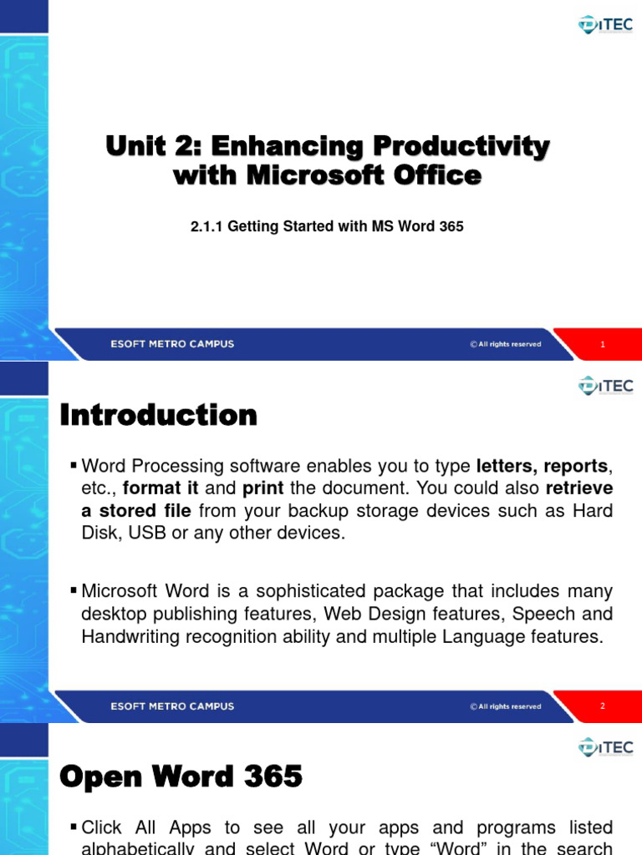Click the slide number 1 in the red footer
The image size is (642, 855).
click(x=603, y=344)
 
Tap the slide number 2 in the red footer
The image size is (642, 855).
click(x=603, y=706)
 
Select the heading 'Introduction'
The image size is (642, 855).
click(x=159, y=415)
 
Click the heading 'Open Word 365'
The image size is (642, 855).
click(x=181, y=777)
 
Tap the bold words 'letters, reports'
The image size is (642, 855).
click(x=542, y=465)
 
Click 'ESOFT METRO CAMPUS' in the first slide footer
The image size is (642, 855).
click(x=172, y=344)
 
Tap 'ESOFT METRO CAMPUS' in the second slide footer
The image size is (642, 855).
click(x=172, y=706)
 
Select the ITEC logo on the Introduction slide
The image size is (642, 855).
click(x=605, y=385)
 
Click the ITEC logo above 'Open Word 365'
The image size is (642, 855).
click(x=605, y=747)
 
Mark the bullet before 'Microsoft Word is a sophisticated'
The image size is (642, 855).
click(x=74, y=591)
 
